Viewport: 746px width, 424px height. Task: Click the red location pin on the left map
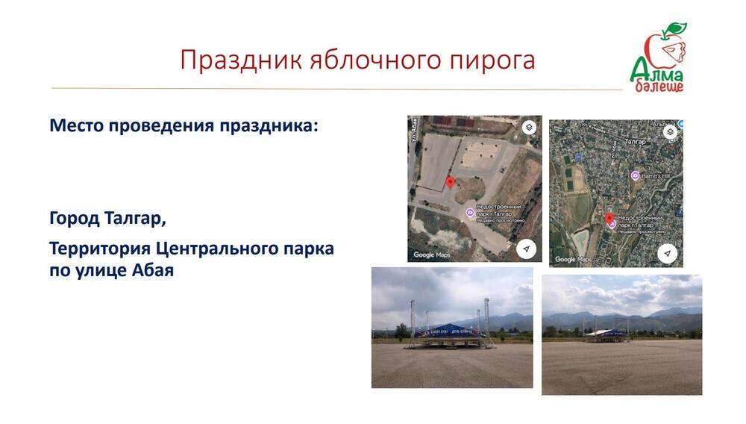tap(450, 182)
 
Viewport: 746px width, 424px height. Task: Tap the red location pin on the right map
tap(609, 218)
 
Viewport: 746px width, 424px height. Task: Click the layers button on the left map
tap(528, 127)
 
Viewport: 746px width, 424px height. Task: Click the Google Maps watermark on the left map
tap(432, 255)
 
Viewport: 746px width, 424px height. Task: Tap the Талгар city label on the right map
tap(636, 140)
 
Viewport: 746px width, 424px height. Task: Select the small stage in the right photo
tap(607, 335)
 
